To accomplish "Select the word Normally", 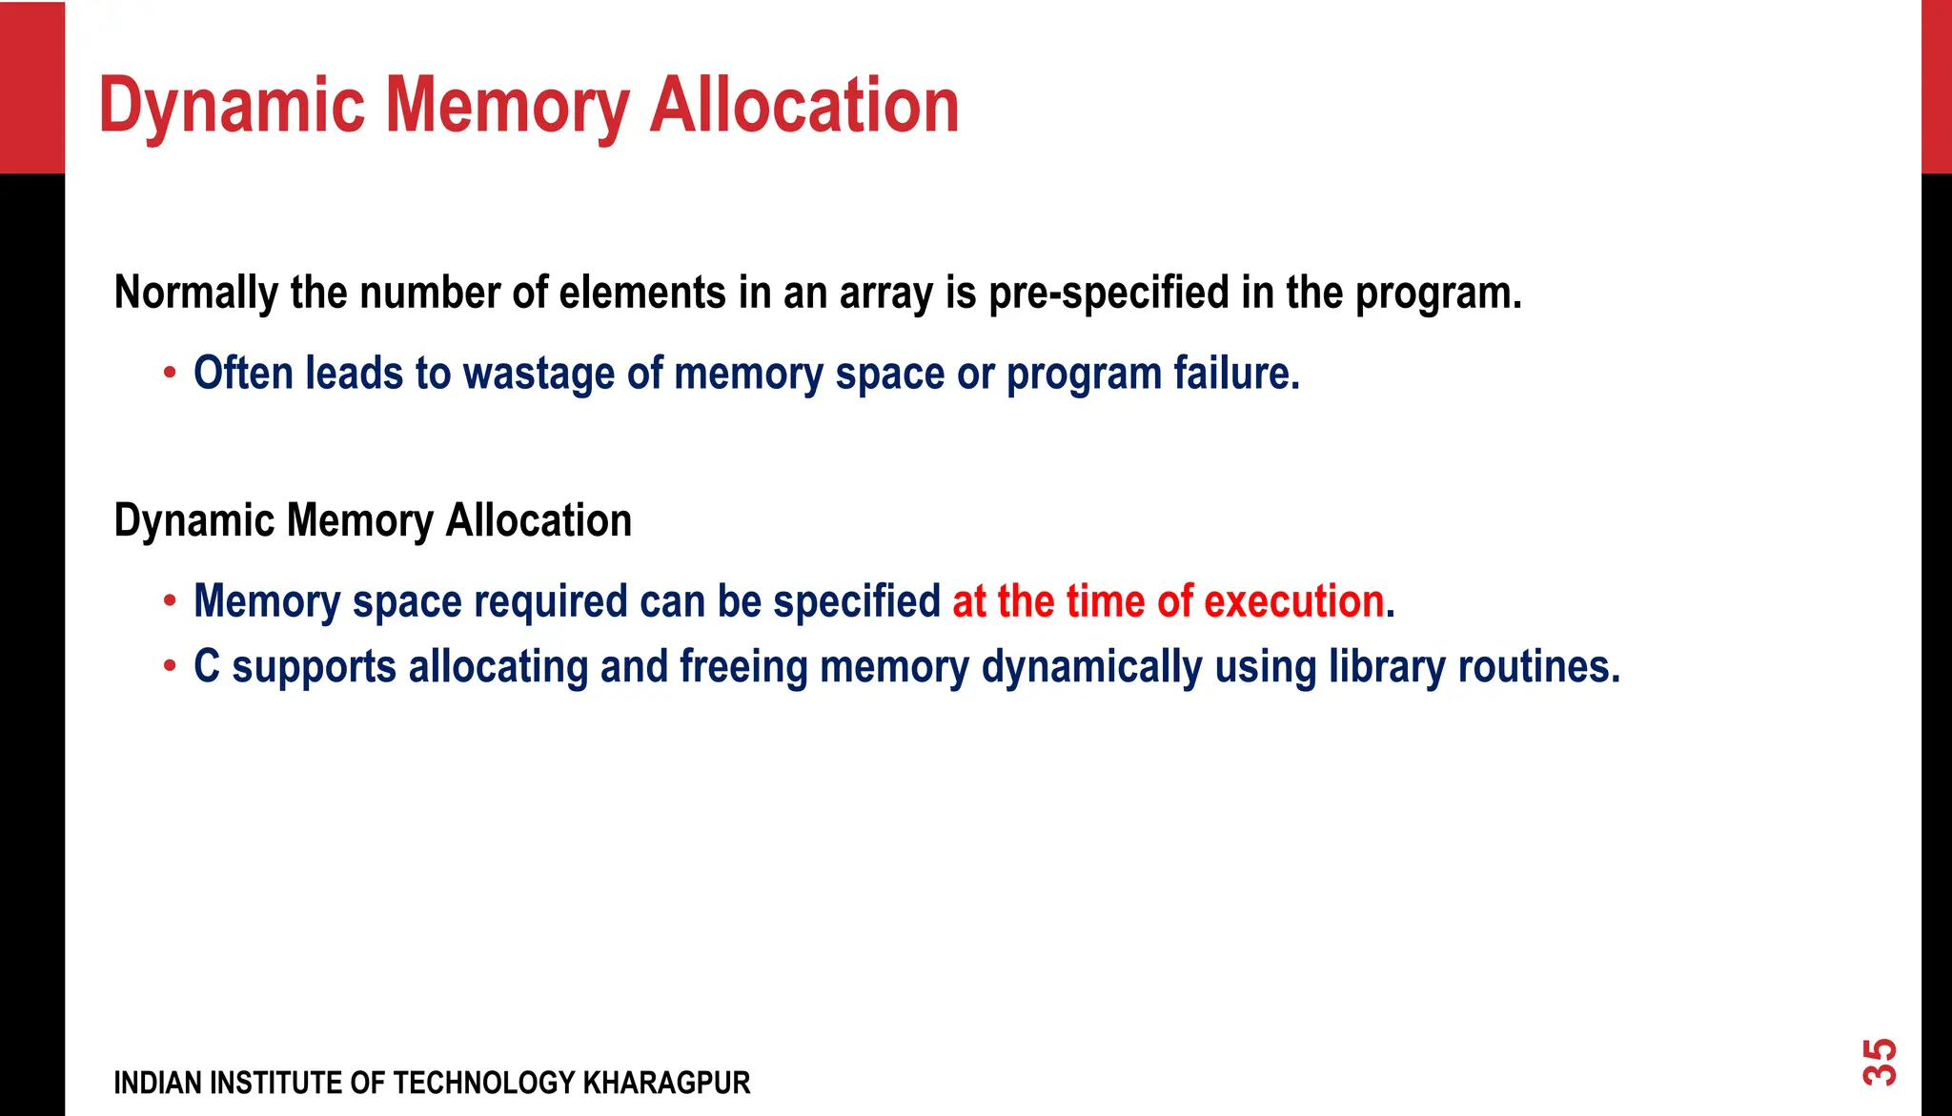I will click(195, 293).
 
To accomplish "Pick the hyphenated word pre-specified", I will click(1108, 293).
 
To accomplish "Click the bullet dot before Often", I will click(170, 373).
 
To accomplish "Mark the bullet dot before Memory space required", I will click(170, 601).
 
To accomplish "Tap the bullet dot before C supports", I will click(170, 666).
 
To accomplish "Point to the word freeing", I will click(743, 666).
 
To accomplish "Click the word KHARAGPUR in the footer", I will click(666, 1084).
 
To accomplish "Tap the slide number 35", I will click(1881, 1062).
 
